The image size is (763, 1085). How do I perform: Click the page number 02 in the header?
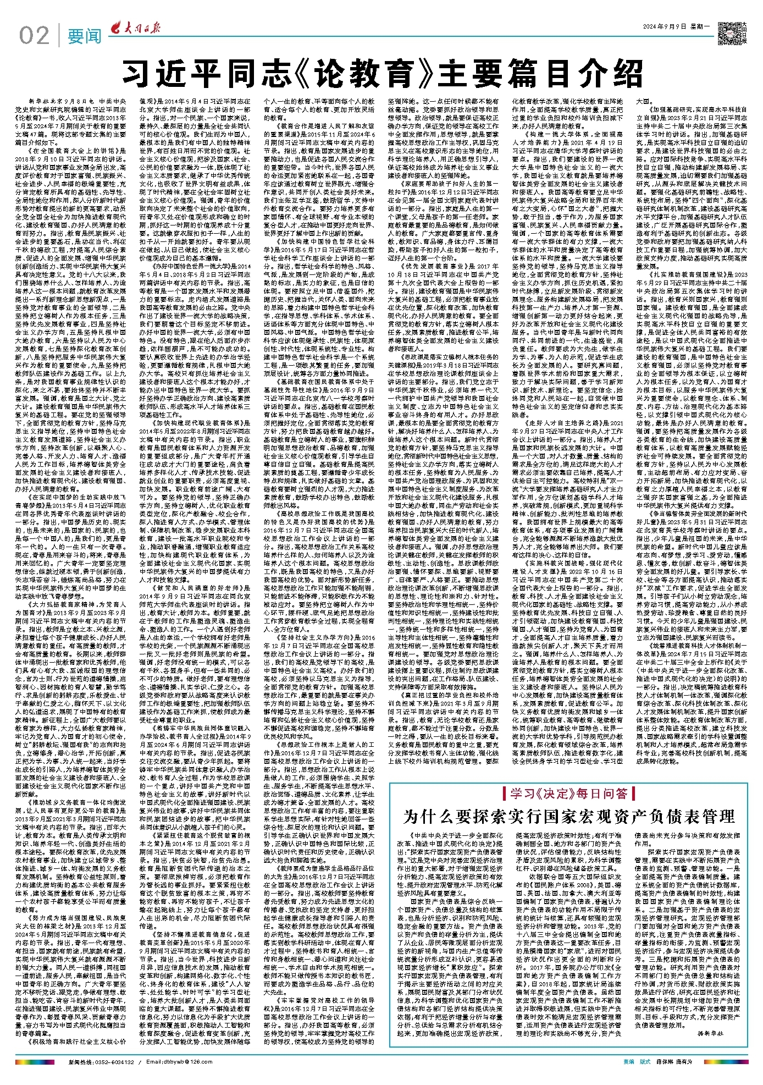pyautogui.click(x=34, y=36)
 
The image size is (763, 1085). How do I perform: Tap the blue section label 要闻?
pyautogui.click(x=84, y=36)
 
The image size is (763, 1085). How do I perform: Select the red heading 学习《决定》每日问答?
pyautogui.click(x=568, y=792)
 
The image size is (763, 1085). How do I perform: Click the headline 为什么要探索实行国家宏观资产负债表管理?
pyautogui.click(x=568, y=817)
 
